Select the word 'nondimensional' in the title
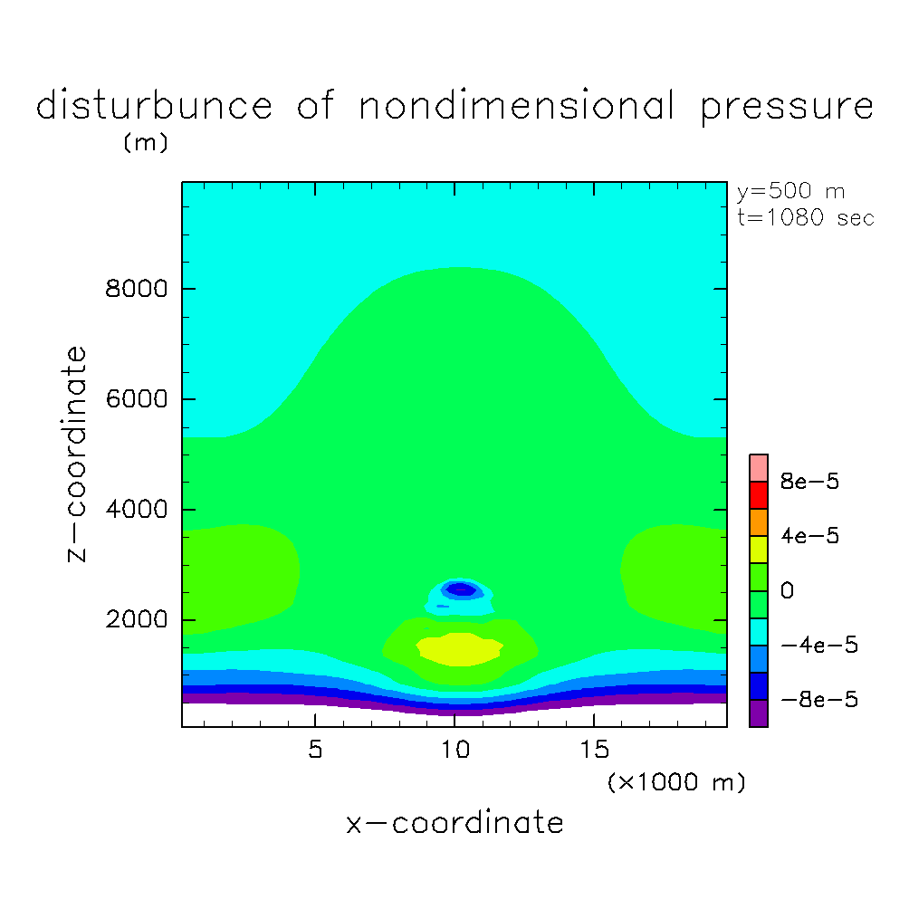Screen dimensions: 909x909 pos(516,107)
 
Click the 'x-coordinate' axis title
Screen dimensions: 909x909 pos(454,823)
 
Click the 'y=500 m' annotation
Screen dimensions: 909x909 pos(789,192)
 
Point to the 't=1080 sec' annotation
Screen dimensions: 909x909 pos(806,218)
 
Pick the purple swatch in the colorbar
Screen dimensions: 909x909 pos(759,713)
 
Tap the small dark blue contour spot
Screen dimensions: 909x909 pos(461,589)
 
